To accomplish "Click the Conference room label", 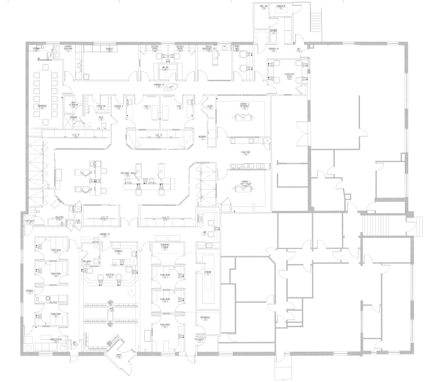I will pyautogui.click(x=41, y=105).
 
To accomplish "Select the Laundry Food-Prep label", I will pyautogui.click(x=67, y=49).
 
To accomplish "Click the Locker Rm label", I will pyautogui.click(x=102, y=105).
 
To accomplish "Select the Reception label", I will pyautogui.click(x=110, y=274).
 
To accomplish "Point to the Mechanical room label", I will pyautogui.click(x=204, y=317).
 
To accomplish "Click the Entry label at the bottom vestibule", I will pyautogui.click(x=119, y=355).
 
